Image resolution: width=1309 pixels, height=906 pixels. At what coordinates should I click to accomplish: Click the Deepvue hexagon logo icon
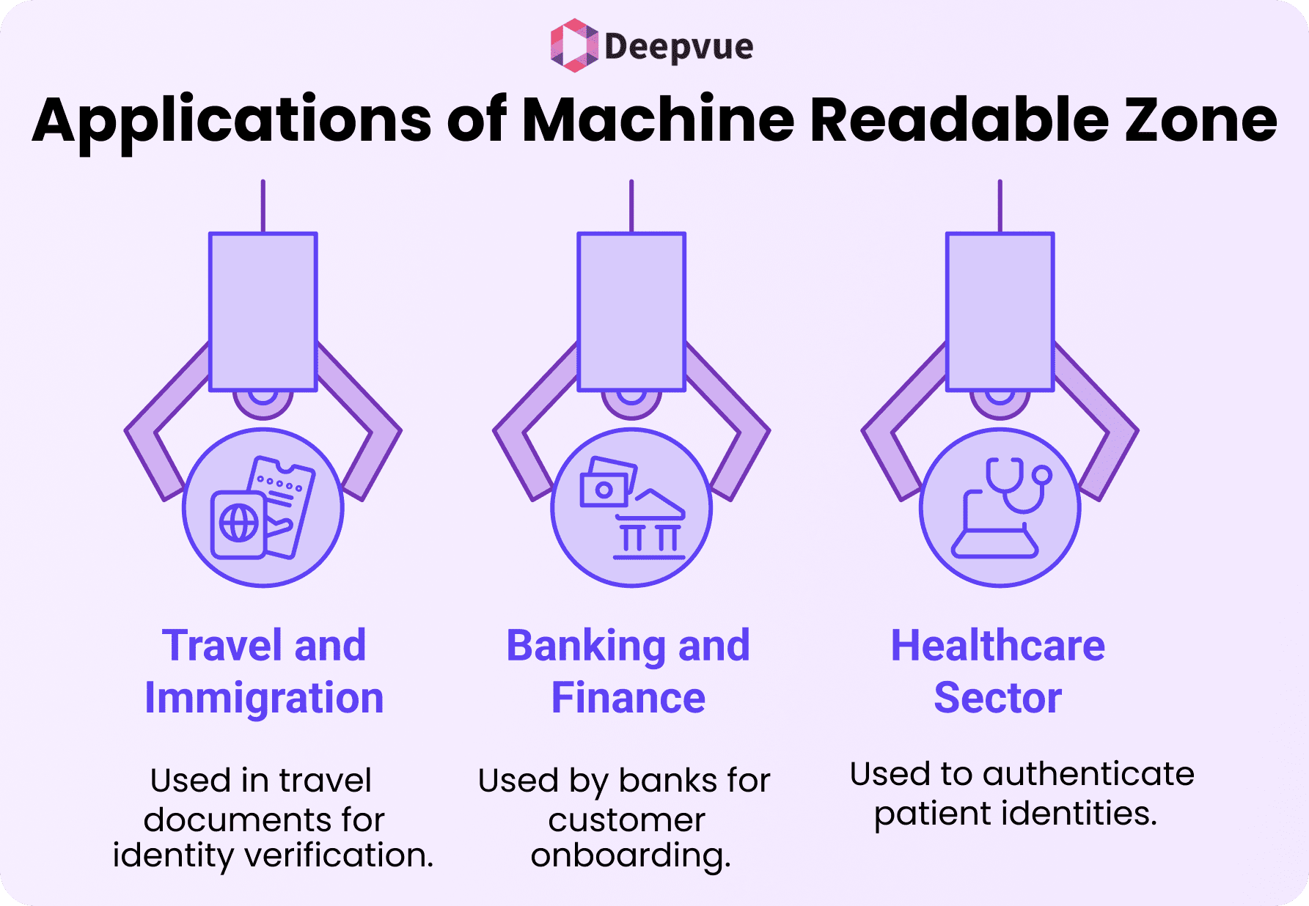click(573, 45)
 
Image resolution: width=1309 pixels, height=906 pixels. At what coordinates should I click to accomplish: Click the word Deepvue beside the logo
click(678, 47)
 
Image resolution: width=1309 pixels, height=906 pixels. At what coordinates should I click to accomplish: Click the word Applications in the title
click(232, 121)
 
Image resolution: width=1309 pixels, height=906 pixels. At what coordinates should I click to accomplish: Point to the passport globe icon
click(238, 523)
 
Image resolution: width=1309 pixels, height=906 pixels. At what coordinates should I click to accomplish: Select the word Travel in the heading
click(221, 646)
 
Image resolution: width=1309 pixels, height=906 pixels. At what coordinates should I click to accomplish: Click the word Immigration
click(264, 697)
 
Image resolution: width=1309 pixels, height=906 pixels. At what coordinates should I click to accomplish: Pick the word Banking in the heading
click(584, 646)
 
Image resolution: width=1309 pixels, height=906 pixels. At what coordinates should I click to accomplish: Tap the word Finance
click(628, 697)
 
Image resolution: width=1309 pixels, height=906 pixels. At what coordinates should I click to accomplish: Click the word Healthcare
click(997, 646)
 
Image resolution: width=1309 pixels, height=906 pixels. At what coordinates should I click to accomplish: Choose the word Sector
click(997, 697)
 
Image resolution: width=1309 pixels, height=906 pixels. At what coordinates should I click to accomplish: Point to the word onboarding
click(630, 855)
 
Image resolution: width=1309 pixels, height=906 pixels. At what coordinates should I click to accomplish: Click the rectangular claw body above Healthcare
click(1000, 312)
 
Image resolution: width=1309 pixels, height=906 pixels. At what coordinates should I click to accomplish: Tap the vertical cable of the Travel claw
click(263, 206)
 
